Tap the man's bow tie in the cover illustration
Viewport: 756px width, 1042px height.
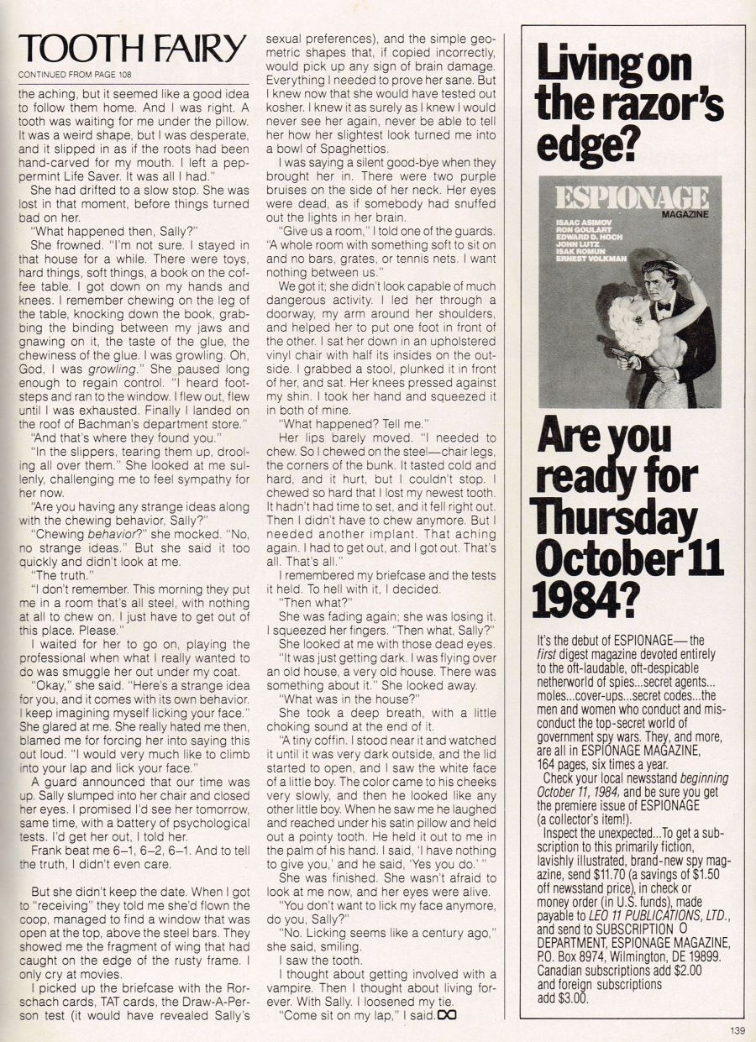[664, 306]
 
